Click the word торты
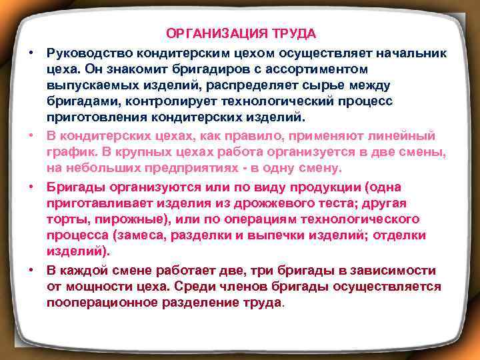point(65,219)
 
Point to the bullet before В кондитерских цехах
point(31,136)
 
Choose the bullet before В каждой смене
point(31,270)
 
